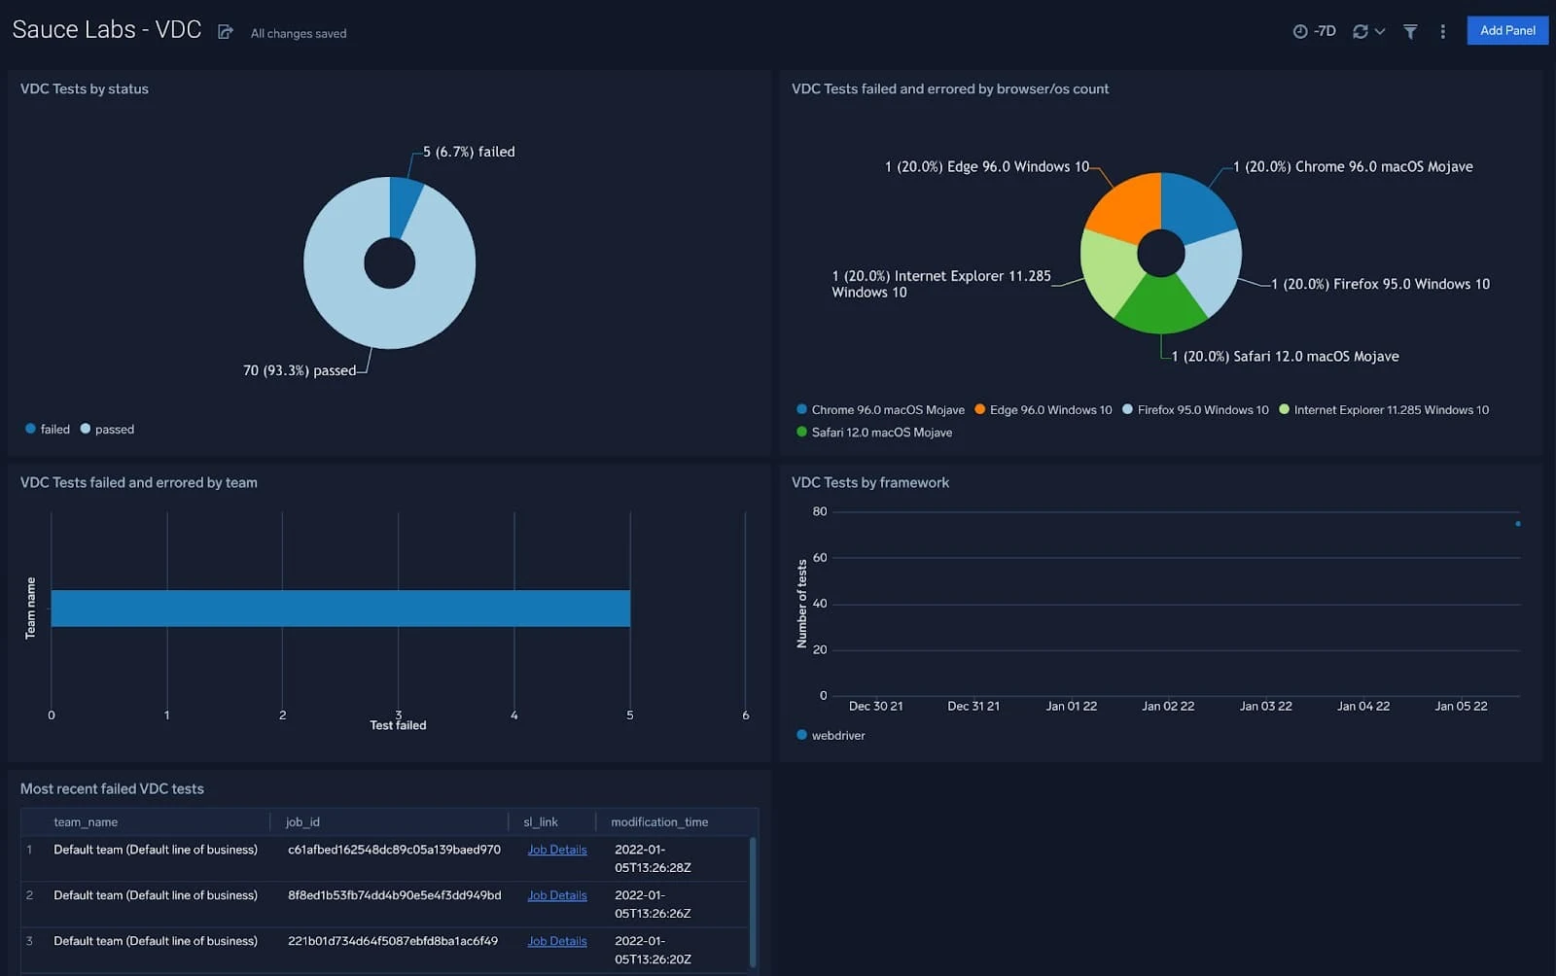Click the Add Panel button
[1506, 30]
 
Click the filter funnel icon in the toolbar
[1409, 31]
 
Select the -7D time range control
[1315, 31]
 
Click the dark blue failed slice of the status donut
[404, 206]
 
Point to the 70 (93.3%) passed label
[300, 370]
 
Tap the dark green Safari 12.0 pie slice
[1161, 304]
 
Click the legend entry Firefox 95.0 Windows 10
[1202, 410]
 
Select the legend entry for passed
[114, 429]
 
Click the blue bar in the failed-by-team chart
[340, 608]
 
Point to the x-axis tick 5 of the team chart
[630, 715]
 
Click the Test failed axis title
[398, 725]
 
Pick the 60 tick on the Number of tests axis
[820, 557]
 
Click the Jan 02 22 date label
[1168, 706]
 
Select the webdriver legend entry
[837, 736]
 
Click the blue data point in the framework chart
[1517, 524]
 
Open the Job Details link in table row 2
[556, 895]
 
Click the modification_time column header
[659, 821]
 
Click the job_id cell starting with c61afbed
[394, 850]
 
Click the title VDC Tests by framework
[870, 482]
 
